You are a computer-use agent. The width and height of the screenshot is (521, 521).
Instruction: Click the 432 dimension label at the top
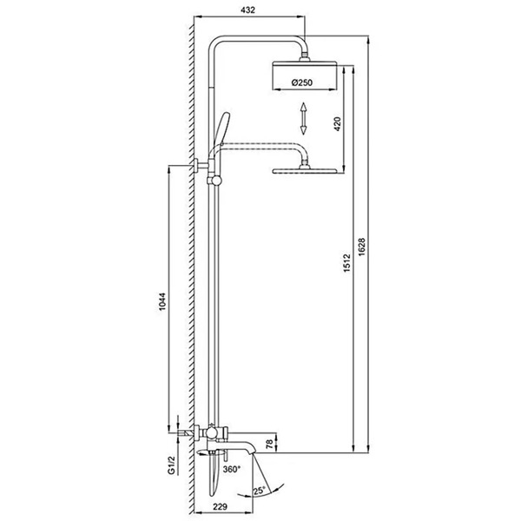(247, 10)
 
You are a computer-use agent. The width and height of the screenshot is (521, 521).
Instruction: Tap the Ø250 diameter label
(302, 82)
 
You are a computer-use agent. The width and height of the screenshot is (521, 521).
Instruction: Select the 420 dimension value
(337, 124)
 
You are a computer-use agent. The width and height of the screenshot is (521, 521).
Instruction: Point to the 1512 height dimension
(346, 263)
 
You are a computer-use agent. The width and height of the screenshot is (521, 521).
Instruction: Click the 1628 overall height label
(362, 247)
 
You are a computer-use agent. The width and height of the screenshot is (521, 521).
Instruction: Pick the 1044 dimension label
(162, 301)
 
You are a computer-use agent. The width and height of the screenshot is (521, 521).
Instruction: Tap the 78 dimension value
(270, 444)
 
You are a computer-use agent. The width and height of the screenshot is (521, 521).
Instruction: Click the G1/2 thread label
(171, 465)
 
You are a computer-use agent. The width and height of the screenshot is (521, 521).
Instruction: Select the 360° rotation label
(232, 469)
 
